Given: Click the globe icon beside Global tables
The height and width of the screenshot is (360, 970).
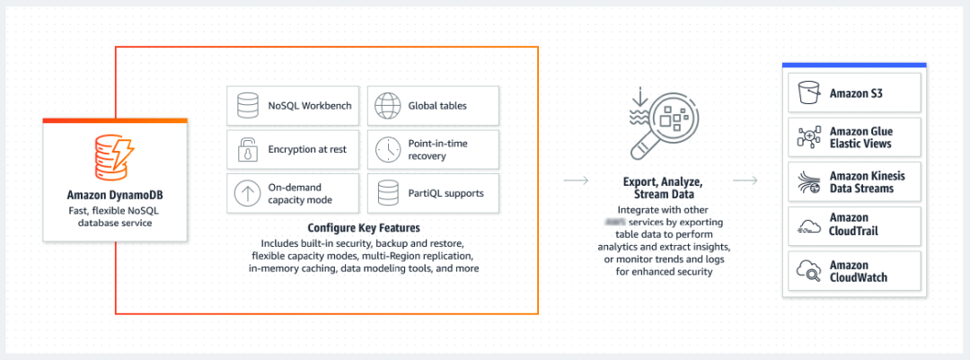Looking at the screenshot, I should [x=387, y=105].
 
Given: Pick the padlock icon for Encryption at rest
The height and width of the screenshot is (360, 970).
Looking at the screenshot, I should [x=245, y=149].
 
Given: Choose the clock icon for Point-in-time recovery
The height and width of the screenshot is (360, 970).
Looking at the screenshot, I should [x=387, y=149].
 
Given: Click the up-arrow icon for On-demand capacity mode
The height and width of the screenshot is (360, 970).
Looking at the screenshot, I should [x=245, y=192].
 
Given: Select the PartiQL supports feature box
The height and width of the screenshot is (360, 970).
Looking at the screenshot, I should [x=433, y=192].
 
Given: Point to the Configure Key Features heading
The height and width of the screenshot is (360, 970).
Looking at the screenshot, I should [x=364, y=228].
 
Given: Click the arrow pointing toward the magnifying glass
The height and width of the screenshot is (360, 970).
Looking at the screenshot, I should [x=576, y=181].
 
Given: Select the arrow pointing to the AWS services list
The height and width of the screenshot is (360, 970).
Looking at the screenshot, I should [x=745, y=181].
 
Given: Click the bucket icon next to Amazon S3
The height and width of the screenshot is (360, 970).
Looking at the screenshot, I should [x=809, y=92].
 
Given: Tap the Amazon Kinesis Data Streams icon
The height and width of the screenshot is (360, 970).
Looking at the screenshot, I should [x=809, y=182].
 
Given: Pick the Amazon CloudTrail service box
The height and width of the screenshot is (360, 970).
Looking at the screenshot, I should [x=853, y=224].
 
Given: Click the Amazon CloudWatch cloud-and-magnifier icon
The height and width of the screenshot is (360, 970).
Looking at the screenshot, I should [x=809, y=270].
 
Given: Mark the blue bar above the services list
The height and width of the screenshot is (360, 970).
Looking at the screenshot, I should [x=853, y=66].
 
